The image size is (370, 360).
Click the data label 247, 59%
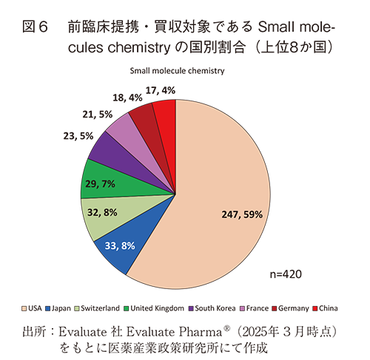[242, 214]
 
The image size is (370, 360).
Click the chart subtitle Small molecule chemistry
[177, 71]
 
